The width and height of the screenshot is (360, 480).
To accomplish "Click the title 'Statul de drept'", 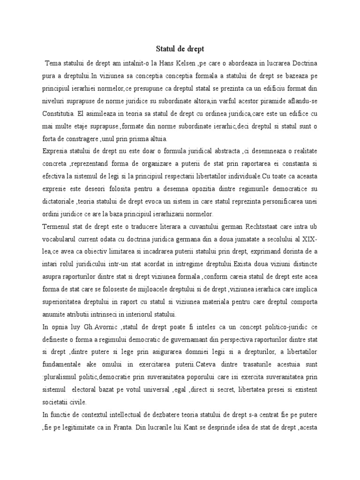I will click(x=180, y=48).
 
